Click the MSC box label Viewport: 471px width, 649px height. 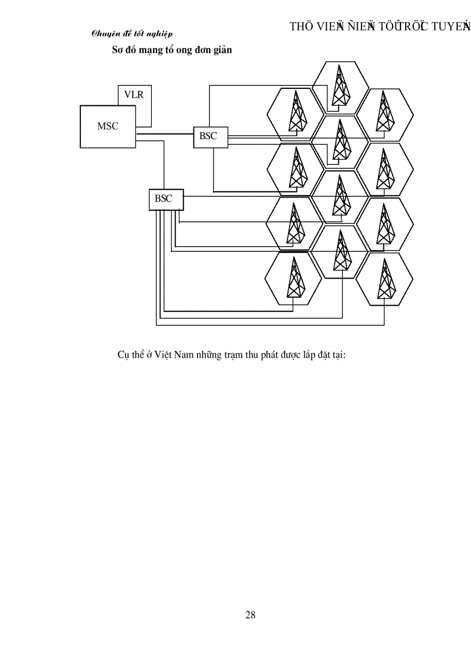click(107, 125)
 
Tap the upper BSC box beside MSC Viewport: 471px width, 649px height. click(208, 136)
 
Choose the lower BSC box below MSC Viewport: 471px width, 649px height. click(164, 198)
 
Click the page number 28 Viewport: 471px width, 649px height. click(250, 614)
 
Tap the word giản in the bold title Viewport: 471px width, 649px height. click(222, 50)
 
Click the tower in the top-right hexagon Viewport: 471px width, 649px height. click(384, 112)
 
